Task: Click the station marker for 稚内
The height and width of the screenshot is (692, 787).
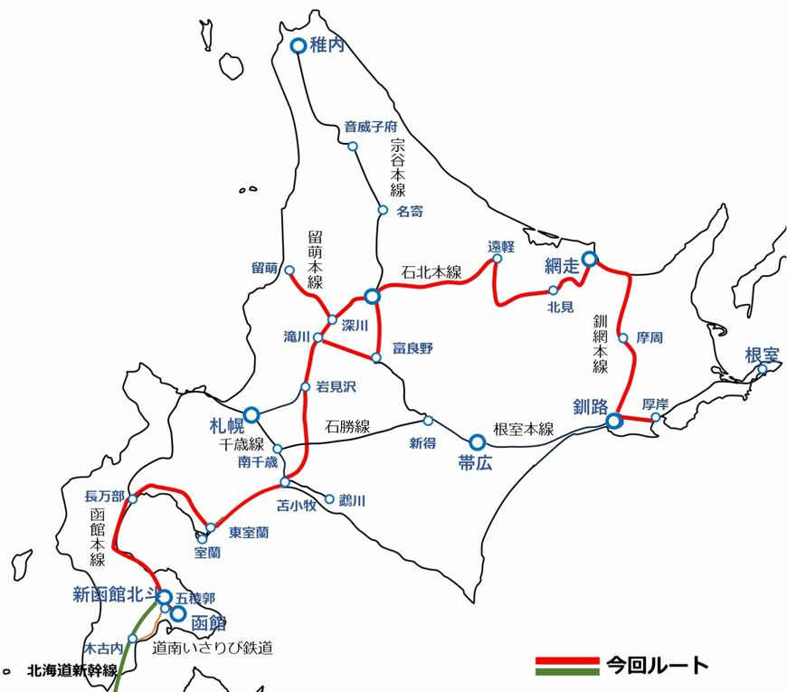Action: click(x=298, y=46)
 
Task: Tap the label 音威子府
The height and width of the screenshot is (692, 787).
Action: click(x=371, y=127)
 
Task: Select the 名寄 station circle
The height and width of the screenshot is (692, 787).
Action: click(x=383, y=210)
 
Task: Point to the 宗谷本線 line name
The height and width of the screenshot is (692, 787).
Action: click(x=398, y=168)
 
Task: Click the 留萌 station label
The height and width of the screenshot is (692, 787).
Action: click(x=264, y=268)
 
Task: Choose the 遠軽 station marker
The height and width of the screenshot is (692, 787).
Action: click(x=497, y=260)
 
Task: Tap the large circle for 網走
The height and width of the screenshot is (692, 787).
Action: click(x=589, y=260)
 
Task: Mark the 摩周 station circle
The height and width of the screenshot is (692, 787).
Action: click(x=623, y=338)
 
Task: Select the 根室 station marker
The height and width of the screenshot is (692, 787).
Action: click(x=763, y=369)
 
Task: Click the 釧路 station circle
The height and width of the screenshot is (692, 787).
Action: click(x=614, y=421)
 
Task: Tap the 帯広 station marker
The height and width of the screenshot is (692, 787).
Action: click(x=477, y=441)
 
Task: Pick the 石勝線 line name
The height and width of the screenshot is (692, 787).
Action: click(x=348, y=426)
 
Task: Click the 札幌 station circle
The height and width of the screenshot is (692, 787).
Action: click(x=251, y=414)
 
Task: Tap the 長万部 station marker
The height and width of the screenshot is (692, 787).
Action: click(x=133, y=498)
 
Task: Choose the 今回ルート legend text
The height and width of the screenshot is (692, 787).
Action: click(x=657, y=666)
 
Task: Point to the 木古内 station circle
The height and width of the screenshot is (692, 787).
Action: click(x=133, y=639)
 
